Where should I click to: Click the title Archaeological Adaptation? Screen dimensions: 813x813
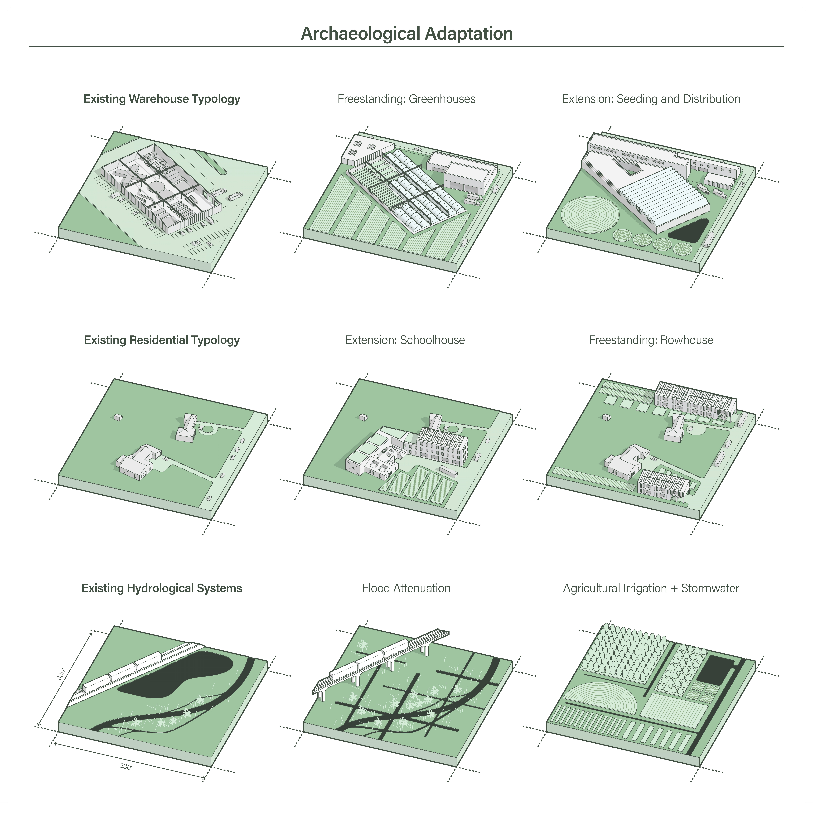click(406, 34)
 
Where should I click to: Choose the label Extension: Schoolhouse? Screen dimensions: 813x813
click(405, 340)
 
